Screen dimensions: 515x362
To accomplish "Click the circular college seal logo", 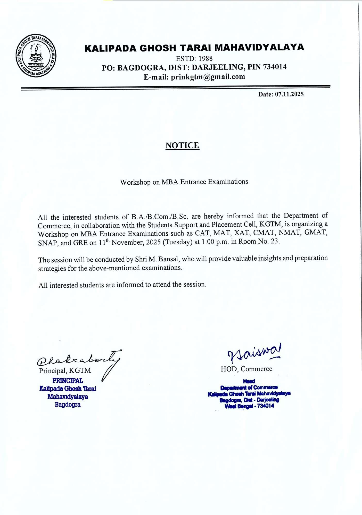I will pyautogui.click(x=36, y=55).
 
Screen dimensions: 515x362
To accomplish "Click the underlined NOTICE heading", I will pyautogui.click(x=182, y=145).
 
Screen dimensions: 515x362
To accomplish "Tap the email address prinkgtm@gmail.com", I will pyautogui.click(x=208, y=77).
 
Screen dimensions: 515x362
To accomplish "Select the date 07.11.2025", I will pyautogui.click(x=289, y=94).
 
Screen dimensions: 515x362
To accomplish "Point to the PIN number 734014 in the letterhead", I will pyautogui.click(x=275, y=67).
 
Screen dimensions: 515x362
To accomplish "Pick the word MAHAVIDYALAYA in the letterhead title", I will pyautogui.click(x=259, y=48).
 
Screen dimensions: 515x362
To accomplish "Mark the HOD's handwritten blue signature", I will pyautogui.click(x=254, y=352).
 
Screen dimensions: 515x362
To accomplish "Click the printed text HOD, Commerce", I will pyautogui.click(x=246, y=369).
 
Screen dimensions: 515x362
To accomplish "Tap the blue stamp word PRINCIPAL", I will pyautogui.click(x=68, y=381).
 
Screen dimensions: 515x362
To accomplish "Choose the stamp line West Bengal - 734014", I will pyautogui.click(x=249, y=406).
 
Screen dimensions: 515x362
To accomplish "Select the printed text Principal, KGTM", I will pyautogui.click(x=65, y=371).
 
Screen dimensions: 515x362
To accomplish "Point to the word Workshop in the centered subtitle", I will pyautogui.click(x=135, y=182).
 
